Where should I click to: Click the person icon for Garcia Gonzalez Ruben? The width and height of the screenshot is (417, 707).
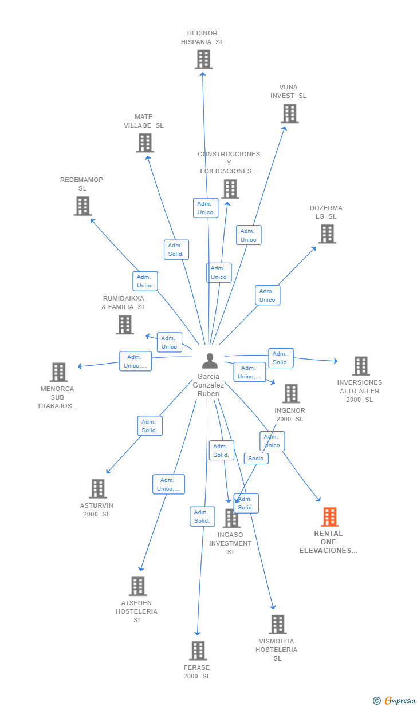210,361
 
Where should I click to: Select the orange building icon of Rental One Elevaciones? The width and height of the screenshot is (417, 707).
329,517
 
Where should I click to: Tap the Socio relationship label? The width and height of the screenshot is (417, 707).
256,459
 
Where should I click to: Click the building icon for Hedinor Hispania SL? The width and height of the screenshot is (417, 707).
203,60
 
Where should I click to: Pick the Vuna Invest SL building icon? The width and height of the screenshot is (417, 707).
290,113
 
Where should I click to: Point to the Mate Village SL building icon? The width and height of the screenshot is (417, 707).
145,143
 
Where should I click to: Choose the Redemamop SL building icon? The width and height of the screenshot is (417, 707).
82,206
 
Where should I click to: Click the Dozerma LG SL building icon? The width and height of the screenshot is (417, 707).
327,234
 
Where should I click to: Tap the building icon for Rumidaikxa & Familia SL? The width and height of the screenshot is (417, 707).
125,325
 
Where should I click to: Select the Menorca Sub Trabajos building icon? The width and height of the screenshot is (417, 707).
59,372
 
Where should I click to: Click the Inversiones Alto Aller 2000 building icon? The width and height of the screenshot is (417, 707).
361,366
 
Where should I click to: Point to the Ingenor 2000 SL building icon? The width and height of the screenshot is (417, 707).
291,394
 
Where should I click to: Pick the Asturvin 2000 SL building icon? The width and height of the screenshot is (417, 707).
98,489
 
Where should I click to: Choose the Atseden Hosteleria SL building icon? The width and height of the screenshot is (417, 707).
138,586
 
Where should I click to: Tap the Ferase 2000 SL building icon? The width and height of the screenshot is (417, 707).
198,651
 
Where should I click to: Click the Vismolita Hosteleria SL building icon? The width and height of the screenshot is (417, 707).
278,625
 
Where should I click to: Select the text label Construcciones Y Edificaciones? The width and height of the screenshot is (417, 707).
229,163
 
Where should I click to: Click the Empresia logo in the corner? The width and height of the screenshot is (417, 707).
395,700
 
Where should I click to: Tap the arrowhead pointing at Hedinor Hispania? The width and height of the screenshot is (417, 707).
203,74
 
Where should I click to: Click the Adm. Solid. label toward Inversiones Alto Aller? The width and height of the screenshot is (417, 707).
281,358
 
